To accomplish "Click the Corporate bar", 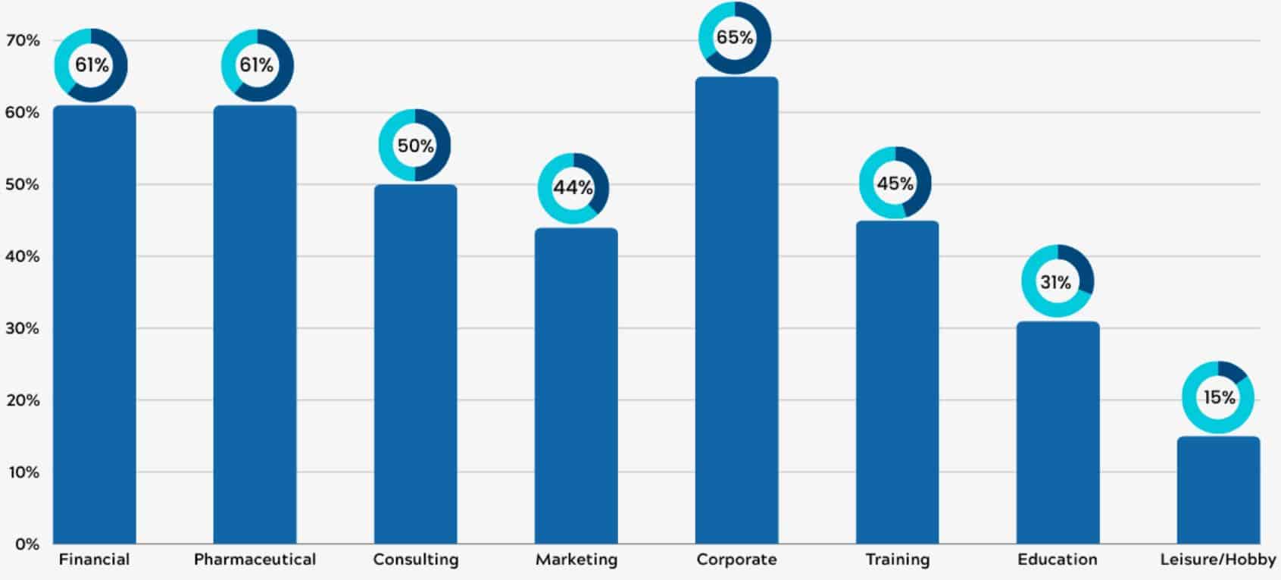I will coord(736,311).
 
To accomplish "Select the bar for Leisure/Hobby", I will coord(1218,491).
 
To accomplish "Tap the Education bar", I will coord(1058,433).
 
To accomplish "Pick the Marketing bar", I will coord(576,386).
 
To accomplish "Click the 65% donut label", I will coord(734,38).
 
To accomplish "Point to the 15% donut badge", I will coord(1218,397).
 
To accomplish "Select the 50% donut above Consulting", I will coord(414,146).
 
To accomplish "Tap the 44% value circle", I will coord(573,188).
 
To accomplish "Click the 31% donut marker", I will coord(1057,281).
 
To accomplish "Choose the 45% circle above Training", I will coord(895,183).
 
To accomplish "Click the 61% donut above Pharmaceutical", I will coord(257,65).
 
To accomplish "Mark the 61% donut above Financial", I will coord(91,65).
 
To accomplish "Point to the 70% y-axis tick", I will coord(23,40).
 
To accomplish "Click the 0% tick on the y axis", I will coord(27,544).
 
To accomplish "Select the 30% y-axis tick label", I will coord(23,328).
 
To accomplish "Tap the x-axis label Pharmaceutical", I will coord(255,560).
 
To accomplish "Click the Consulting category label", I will coord(415,560).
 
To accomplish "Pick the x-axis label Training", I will coord(897,560).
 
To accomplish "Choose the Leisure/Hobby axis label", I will coord(1217,560).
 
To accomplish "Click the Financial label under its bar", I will coord(94,560).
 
